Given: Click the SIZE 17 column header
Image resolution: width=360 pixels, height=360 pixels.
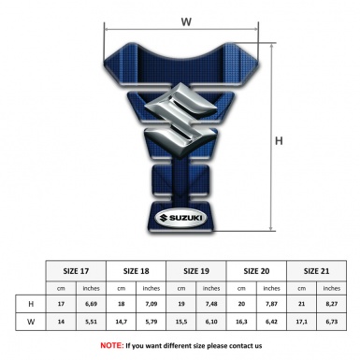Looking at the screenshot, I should coord(76,270).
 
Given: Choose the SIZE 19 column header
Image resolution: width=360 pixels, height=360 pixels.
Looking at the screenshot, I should coord(196,270).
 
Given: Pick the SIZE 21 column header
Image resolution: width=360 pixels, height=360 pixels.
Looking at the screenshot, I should coord(317,270).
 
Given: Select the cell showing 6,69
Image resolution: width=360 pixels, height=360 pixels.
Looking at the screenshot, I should coord(91,305).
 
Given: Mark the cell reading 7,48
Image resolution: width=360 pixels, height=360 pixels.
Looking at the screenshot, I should coord(211,305).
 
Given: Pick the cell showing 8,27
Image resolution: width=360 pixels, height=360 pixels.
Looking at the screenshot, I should coord(332,305).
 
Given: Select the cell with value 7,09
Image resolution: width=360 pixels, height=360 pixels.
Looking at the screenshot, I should coord(151,305).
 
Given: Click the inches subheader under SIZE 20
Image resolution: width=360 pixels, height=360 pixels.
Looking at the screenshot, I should coord(272,288).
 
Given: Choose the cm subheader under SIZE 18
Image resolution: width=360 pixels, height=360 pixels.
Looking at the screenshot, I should coord(122,288).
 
